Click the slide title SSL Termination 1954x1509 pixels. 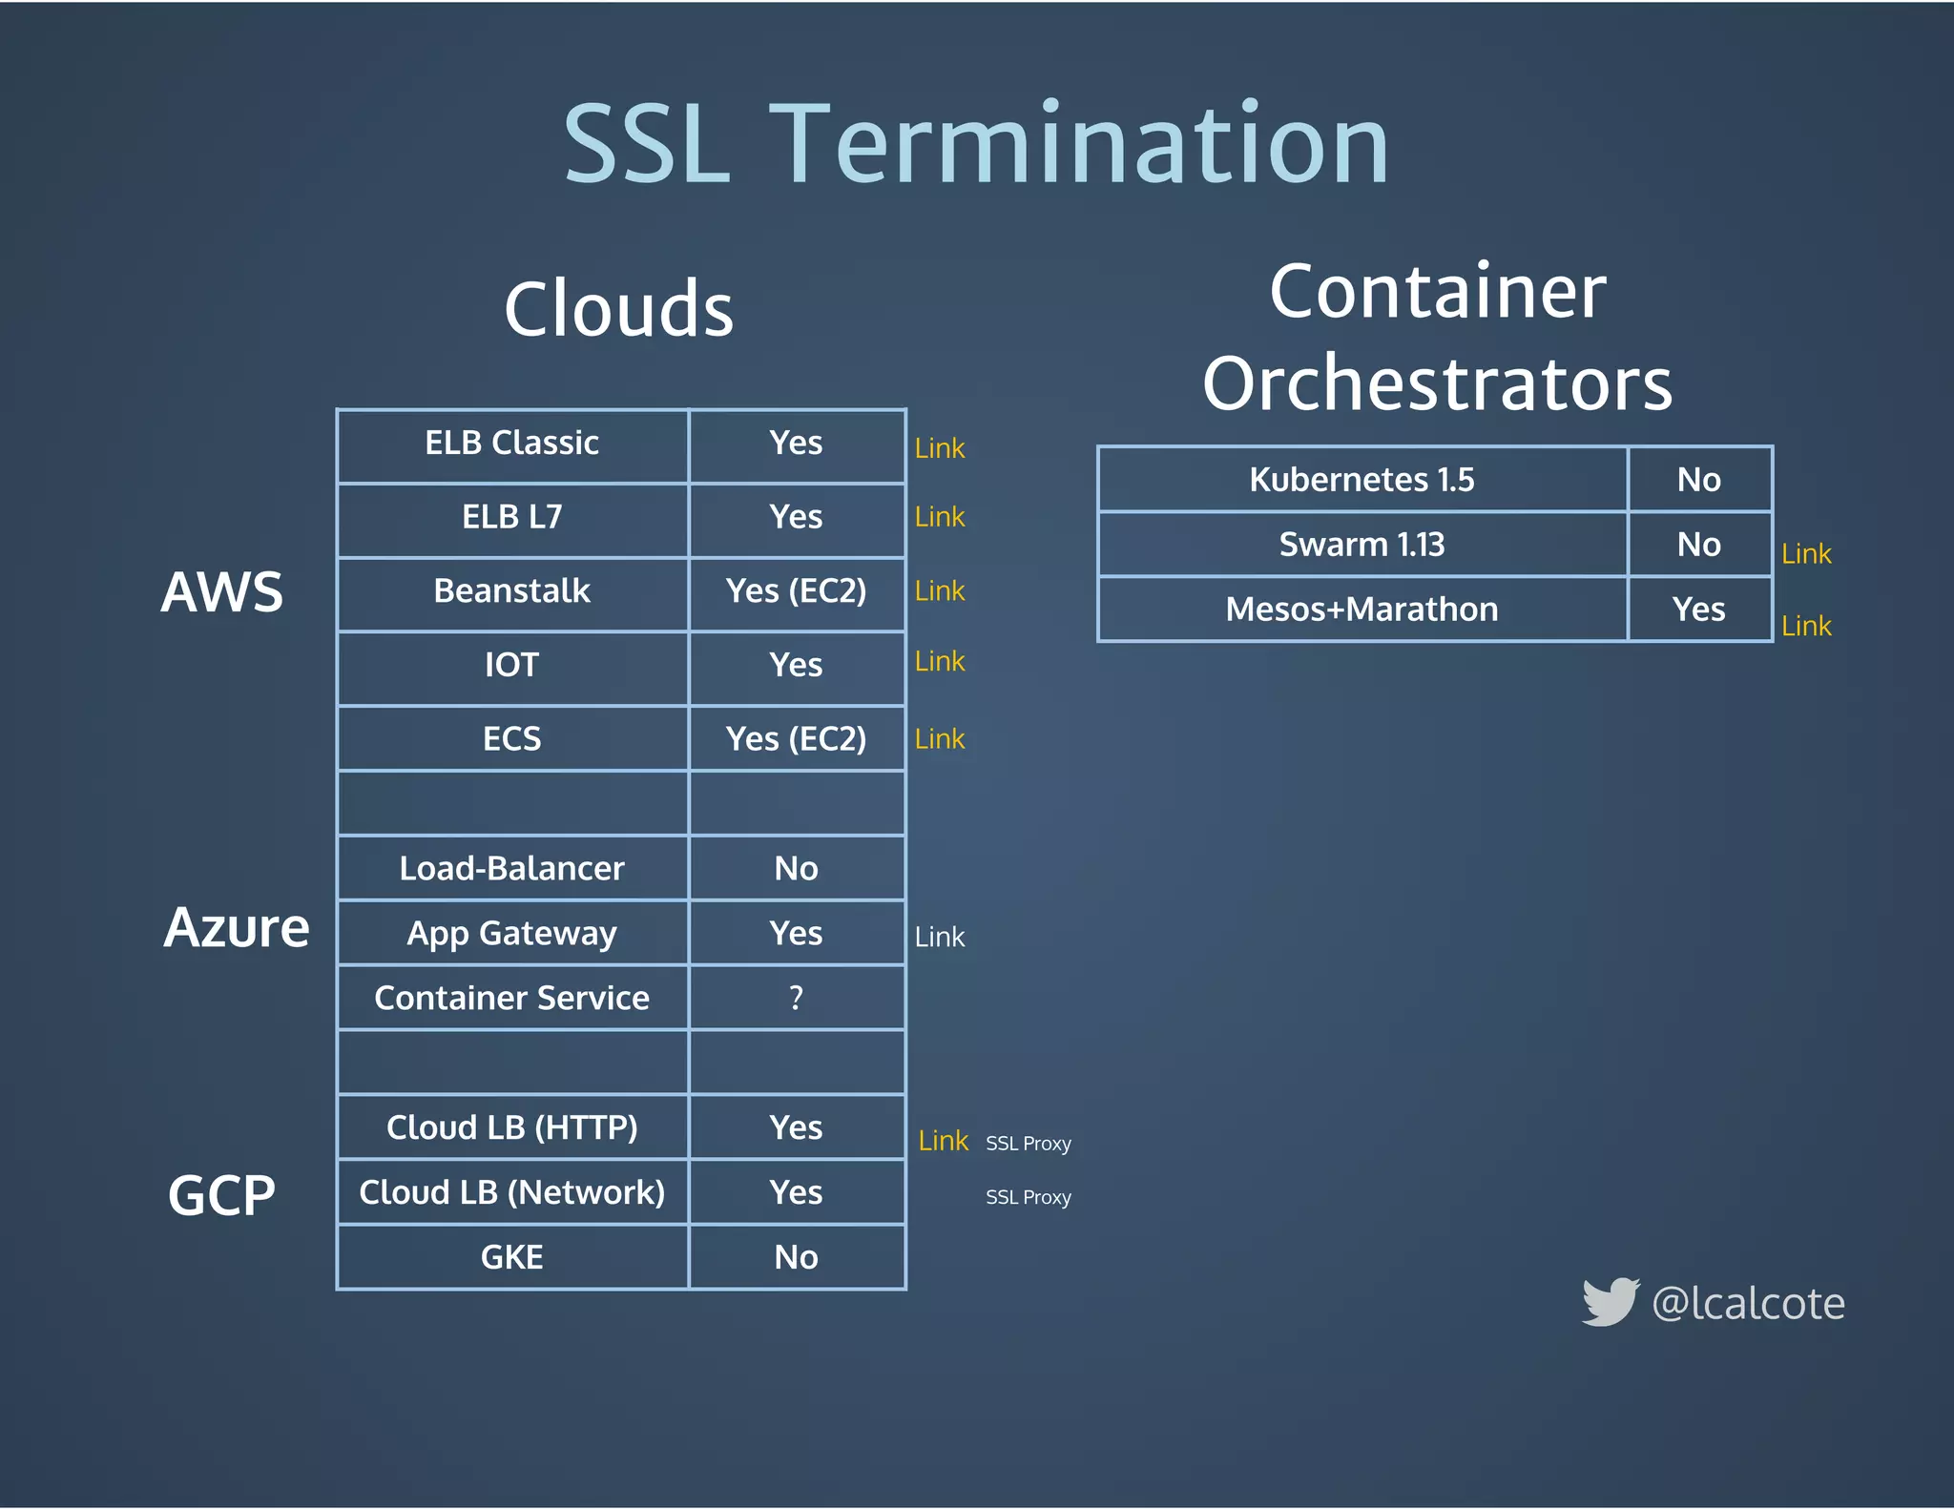(975, 145)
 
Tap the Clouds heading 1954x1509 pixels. (618, 309)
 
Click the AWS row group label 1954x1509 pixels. (221, 591)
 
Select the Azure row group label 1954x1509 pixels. (237, 927)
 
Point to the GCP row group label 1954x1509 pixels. (221, 1194)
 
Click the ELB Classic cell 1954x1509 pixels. (511, 444)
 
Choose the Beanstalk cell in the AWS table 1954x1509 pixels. (511, 591)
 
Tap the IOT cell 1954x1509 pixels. (511, 665)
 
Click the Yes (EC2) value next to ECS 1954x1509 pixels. (796, 739)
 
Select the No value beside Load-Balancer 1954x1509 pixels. (796, 868)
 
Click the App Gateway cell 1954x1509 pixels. (511, 933)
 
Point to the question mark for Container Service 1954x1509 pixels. (796, 998)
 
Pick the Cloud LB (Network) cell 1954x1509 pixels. (511, 1192)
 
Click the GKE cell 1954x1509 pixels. (511, 1257)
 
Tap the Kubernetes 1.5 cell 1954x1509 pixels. (1362, 480)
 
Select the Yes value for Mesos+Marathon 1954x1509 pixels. (1698, 610)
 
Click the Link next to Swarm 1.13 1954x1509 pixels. (1806, 554)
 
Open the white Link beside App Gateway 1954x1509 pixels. (940, 938)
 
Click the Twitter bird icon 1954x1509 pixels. (1611, 1302)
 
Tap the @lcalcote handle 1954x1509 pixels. (1748, 1304)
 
